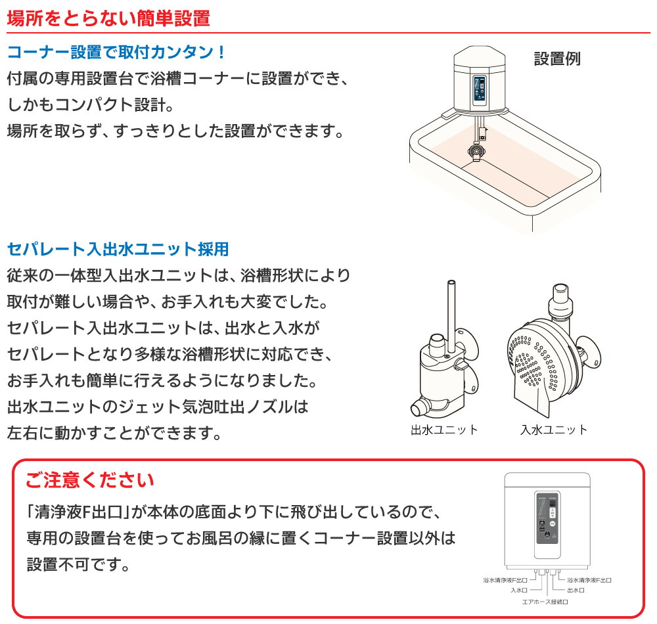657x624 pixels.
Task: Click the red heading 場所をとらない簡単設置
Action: (x=108, y=18)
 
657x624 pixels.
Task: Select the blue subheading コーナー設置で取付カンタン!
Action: (x=117, y=52)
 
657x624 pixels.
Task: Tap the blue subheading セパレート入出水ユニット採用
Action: (x=118, y=249)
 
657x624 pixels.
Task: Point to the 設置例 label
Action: (x=556, y=58)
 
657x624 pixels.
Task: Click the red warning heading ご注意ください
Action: (x=90, y=479)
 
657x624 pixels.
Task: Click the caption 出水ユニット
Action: (x=444, y=430)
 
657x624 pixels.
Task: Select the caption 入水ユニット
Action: (x=554, y=430)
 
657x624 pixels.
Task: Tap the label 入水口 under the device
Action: (x=520, y=590)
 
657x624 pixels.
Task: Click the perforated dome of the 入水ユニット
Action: (x=535, y=358)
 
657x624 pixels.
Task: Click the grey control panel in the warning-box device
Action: (x=547, y=520)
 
